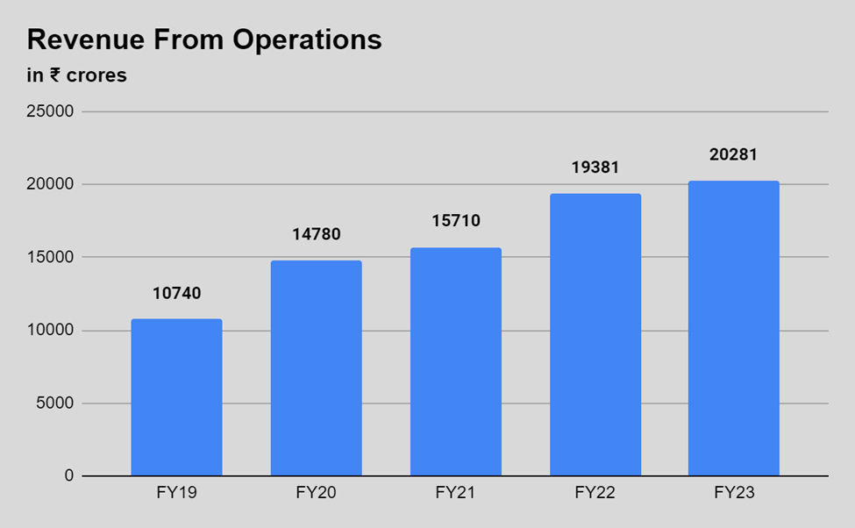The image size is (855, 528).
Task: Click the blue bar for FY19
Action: tap(176, 397)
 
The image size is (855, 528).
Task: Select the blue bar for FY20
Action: tap(316, 368)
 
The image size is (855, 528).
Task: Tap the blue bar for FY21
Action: tap(456, 361)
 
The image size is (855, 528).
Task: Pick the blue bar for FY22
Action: tap(595, 335)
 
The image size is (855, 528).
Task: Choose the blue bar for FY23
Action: tap(734, 328)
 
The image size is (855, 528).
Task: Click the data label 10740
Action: tap(176, 293)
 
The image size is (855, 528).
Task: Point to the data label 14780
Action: tap(316, 234)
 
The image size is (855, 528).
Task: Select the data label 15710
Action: tap(456, 220)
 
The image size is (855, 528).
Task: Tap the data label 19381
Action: tap(595, 167)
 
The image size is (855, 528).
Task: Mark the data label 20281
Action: tap(734, 154)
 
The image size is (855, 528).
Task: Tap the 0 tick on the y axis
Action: tap(69, 475)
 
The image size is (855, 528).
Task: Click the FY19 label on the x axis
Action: tap(176, 493)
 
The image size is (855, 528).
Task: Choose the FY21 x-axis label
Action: tap(456, 493)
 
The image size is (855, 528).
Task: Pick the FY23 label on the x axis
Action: tap(734, 493)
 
